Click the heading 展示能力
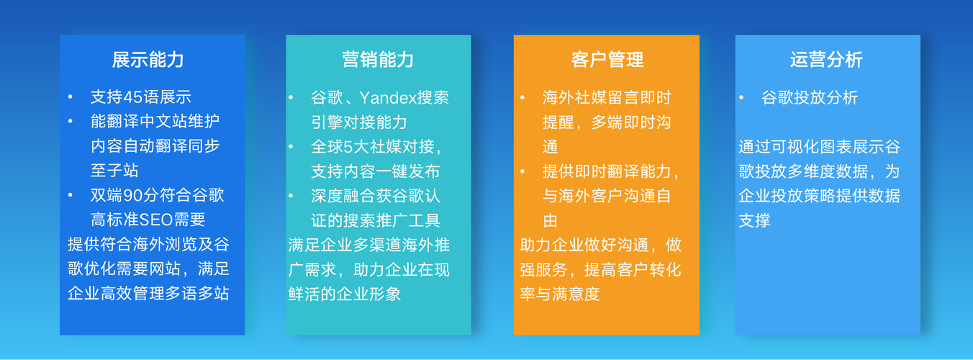click(x=148, y=60)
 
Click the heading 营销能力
click(x=378, y=60)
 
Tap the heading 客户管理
click(x=607, y=60)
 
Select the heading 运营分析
click(x=826, y=60)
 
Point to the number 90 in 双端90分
click(x=133, y=195)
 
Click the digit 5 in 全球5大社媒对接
click(x=348, y=147)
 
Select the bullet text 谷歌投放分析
click(x=810, y=98)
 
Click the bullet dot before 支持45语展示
click(x=71, y=97)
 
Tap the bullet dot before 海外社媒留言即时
click(x=522, y=98)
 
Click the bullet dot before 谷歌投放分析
click(x=741, y=98)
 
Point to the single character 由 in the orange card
click(x=550, y=221)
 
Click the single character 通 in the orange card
click(x=550, y=147)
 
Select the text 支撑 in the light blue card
click(x=754, y=221)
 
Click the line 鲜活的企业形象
click(x=345, y=294)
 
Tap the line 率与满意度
click(x=559, y=294)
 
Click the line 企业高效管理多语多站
click(x=148, y=294)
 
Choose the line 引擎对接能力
click(x=359, y=122)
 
